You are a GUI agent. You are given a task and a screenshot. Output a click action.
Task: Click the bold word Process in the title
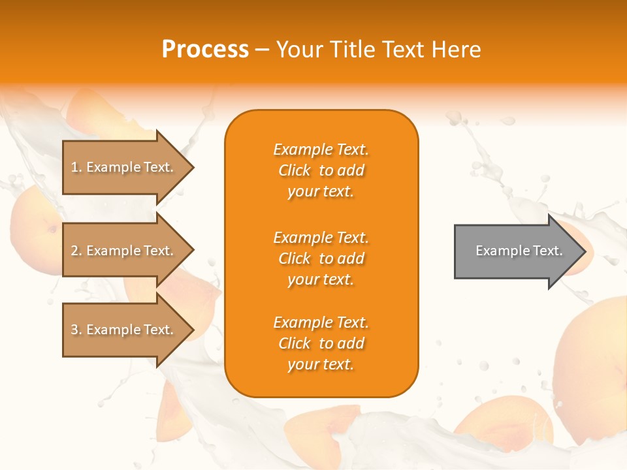pyautogui.click(x=205, y=50)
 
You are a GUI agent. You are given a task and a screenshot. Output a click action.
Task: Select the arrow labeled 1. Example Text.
pyautogui.click(x=124, y=167)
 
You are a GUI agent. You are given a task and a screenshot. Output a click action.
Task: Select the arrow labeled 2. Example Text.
pyautogui.click(x=124, y=251)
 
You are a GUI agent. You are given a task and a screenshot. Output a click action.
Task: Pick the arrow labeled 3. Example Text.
pyautogui.click(x=124, y=330)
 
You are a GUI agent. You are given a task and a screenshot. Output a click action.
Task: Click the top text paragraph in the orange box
pyautogui.click(x=321, y=170)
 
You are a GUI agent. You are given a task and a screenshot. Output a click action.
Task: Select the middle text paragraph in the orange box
pyautogui.click(x=321, y=258)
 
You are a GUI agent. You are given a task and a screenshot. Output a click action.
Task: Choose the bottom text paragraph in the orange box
pyautogui.click(x=321, y=343)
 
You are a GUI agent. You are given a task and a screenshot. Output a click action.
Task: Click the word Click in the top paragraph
pyautogui.click(x=295, y=170)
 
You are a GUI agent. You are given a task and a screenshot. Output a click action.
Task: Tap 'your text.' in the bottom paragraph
pyautogui.click(x=321, y=364)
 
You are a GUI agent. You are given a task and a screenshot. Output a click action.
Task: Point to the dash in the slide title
pyautogui.click(x=263, y=50)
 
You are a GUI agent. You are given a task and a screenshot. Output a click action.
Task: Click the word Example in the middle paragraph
pyautogui.click(x=302, y=238)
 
